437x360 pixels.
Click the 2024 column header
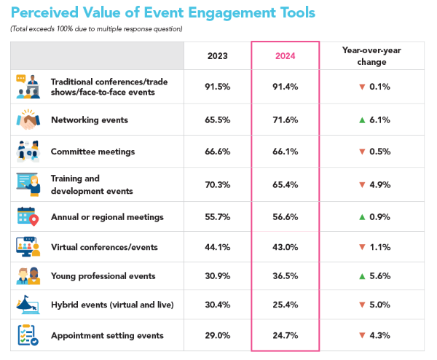pyautogui.click(x=285, y=56)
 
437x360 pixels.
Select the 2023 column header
pyautogui.click(x=218, y=56)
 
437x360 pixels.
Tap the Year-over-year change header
pyautogui.click(x=371, y=56)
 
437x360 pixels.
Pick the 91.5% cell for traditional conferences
pyautogui.click(x=218, y=87)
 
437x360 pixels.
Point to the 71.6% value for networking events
pyautogui.click(x=285, y=120)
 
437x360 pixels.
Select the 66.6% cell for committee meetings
pyautogui.click(x=218, y=152)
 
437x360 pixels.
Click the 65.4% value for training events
pyautogui.click(x=285, y=184)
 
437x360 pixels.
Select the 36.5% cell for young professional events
pyautogui.click(x=285, y=276)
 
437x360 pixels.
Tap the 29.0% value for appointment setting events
pyautogui.click(x=218, y=335)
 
